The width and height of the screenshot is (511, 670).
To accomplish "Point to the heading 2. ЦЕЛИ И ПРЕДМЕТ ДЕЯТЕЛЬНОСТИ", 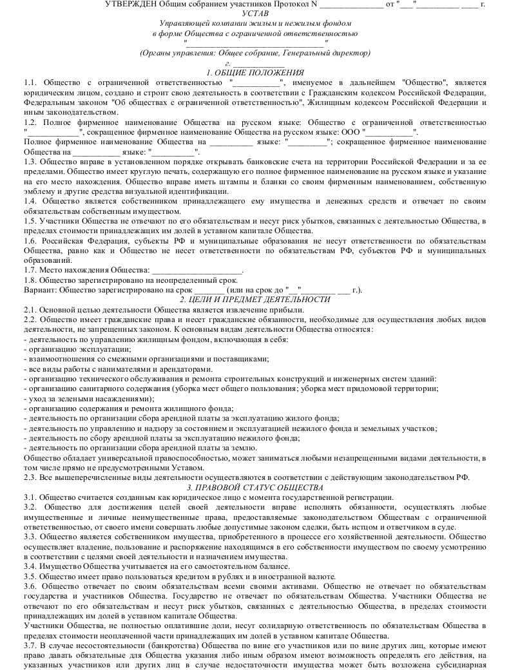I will click(x=255, y=299).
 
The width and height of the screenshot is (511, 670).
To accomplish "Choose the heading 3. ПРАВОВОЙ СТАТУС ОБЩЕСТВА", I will click(x=255, y=487).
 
